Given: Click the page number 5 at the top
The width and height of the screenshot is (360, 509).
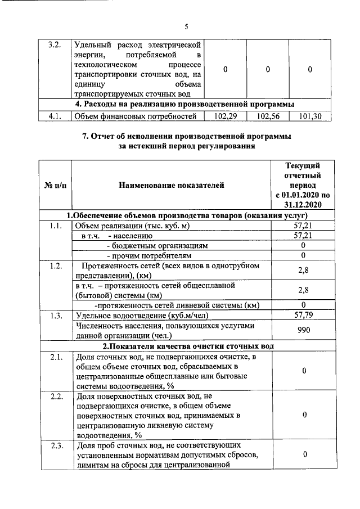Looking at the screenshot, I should (x=186, y=25).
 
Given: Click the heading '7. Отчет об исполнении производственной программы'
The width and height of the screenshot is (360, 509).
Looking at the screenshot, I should (x=186, y=137).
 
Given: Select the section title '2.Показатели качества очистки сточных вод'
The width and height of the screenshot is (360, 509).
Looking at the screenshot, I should (x=187, y=345).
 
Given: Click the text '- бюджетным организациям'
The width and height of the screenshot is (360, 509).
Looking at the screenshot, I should (x=157, y=246).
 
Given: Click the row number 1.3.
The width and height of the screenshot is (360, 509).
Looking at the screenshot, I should (x=55, y=315).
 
